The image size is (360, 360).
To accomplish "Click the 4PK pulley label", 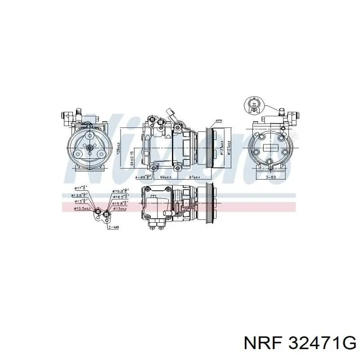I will pyautogui.click(x=219, y=121).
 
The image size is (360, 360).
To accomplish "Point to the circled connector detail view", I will pyautogui.click(x=253, y=105).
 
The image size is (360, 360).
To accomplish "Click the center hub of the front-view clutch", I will pyautogui.click(x=90, y=147).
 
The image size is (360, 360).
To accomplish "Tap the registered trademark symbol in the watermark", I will pyautogui.click(x=294, y=136).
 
